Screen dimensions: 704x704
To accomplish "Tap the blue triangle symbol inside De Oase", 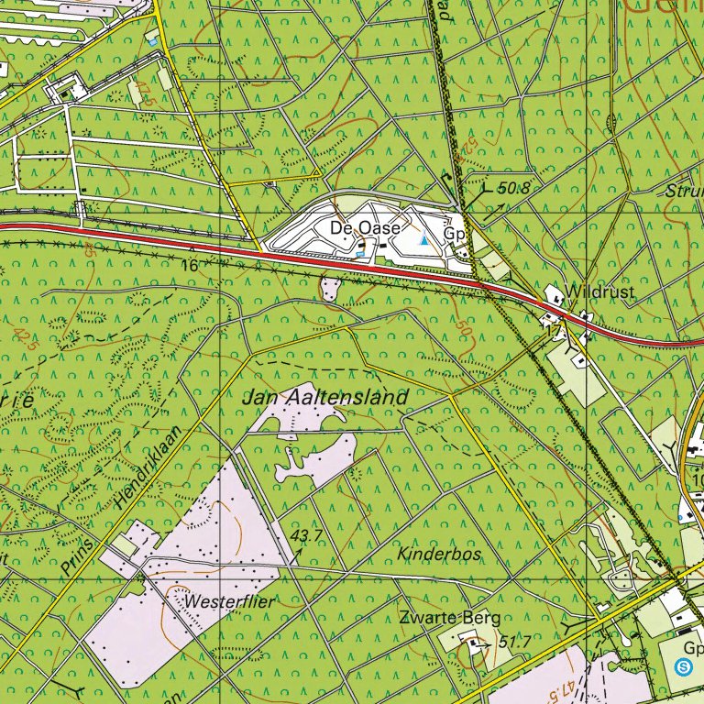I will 423,240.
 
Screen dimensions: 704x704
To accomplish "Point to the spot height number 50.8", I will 515,189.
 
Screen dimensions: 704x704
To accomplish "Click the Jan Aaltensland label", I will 325,399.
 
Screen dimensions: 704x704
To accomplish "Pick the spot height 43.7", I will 307,534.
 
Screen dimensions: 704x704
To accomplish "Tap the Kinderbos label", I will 439,555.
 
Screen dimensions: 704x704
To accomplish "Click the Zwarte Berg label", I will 442,617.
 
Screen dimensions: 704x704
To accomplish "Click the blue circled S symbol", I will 684,666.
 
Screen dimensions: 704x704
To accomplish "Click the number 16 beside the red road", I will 191,264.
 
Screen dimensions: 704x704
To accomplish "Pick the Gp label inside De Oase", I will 456,233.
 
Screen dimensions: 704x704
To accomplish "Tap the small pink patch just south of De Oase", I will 330,290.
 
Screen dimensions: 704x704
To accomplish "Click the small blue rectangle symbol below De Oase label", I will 360,248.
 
